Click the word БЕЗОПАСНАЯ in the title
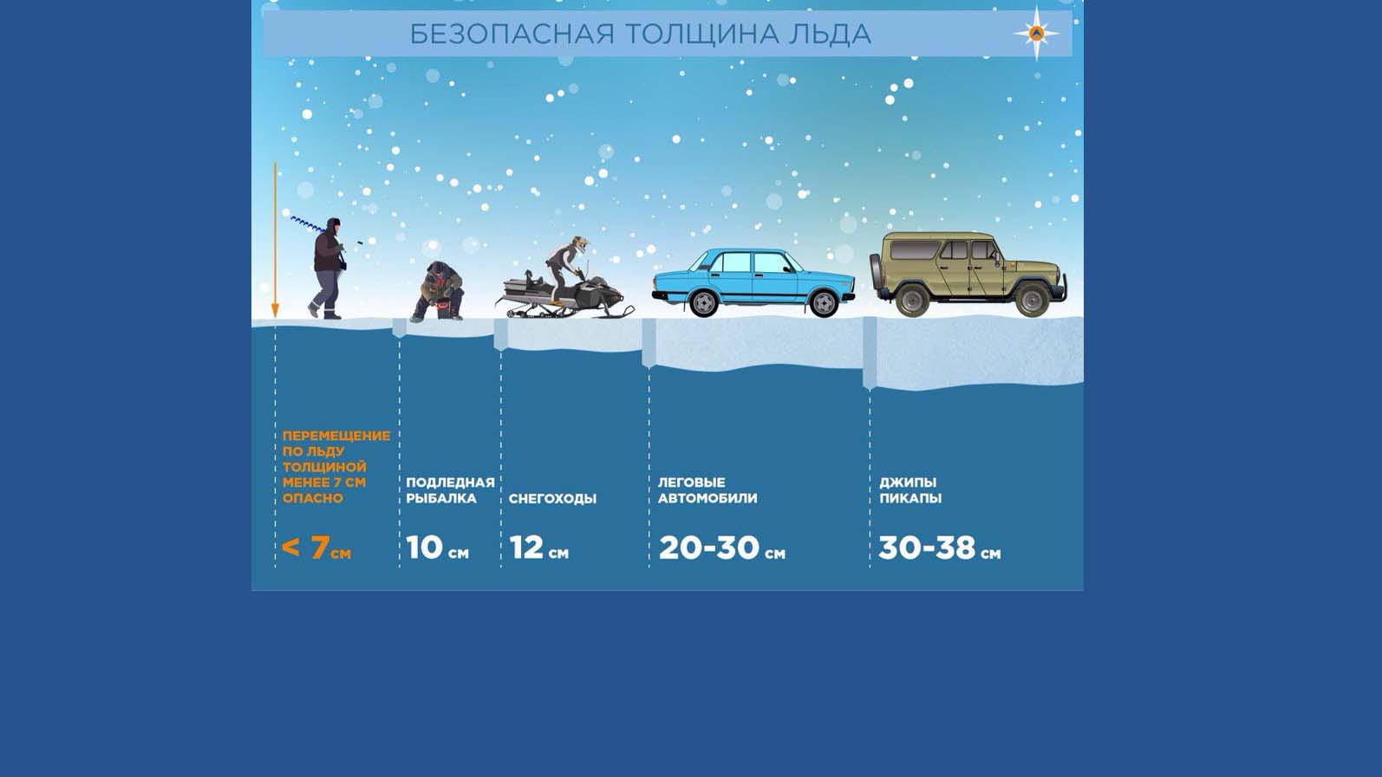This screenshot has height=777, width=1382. click(x=512, y=34)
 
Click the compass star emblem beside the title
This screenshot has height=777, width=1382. click(x=1037, y=33)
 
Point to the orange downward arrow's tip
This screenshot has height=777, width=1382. click(x=275, y=317)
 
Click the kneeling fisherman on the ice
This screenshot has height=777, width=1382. click(x=438, y=291)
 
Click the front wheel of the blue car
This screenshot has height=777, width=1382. click(x=824, y=303)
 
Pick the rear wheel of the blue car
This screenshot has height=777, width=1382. click(x=703, y=303)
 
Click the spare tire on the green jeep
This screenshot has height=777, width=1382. click(x=876, y=272)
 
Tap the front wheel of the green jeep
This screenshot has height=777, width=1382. click(x=1032, y=300)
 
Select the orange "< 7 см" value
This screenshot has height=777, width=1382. click(x=316, y=547)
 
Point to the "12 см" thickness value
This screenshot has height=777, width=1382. click(x=538, y=547)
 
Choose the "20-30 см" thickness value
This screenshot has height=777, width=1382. click(x=722, y=547)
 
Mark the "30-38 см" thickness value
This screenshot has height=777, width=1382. click(x=939, y=547)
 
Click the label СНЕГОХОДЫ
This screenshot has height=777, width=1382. click(x=552, y=498)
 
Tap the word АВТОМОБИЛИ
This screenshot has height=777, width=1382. click(x=707, y=498)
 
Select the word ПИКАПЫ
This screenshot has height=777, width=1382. click(x=910, y=498)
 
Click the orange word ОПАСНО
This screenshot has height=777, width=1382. click(x=313, y=498)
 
